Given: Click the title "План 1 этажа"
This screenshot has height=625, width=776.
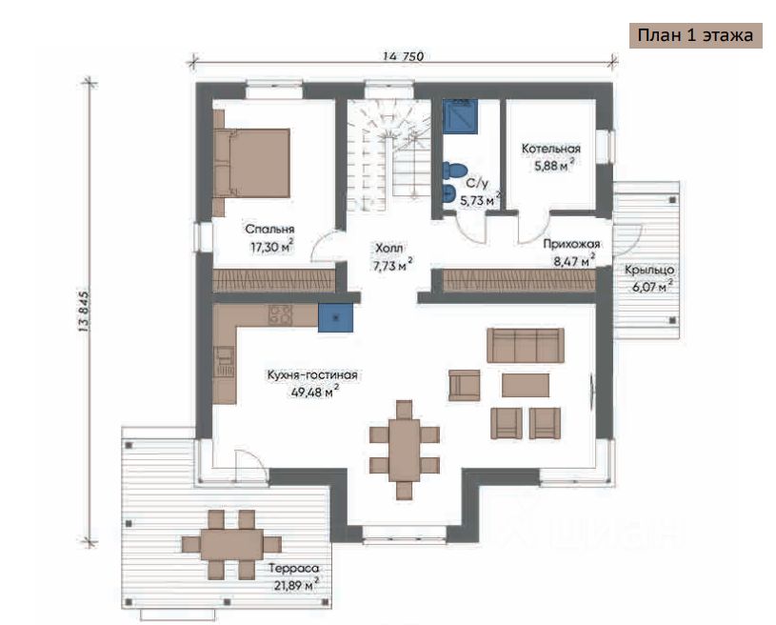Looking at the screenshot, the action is pos(695,35).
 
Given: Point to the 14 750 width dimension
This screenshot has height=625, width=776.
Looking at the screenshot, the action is pos(403,56).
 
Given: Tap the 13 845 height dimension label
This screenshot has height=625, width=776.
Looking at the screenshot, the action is pos(83,311).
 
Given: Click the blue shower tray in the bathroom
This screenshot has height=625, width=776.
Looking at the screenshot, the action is pos(460,116).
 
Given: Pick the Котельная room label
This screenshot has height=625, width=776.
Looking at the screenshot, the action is pos(551,149).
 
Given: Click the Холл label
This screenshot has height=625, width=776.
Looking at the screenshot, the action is pos(389,248).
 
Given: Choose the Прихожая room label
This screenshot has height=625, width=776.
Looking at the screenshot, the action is pos(571,244).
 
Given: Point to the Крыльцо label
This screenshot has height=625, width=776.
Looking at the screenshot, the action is pos(648,270).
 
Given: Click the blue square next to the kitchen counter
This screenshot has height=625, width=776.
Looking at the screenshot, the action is pos(335,317).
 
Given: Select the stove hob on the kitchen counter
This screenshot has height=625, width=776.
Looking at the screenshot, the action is pos(280,314).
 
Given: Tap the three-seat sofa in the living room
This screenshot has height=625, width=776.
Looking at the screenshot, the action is pos(526,345).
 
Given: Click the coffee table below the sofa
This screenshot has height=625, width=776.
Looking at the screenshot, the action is pos(525,385).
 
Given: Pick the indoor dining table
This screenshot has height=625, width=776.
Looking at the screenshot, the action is pos(405,450).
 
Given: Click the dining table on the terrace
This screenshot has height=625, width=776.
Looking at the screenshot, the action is pos(231,544).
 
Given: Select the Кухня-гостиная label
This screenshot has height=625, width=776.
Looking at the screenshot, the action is pos(312,375).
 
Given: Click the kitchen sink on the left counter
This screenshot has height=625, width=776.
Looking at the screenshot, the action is pos(224,362).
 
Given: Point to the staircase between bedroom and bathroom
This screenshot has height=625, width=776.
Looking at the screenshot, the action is pos(388,154).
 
